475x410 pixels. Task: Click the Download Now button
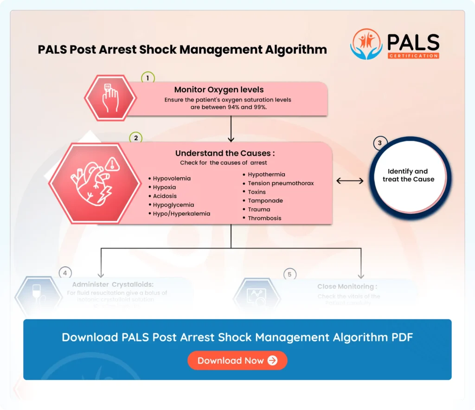coord(237,360)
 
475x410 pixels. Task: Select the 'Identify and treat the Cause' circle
coord(408,175)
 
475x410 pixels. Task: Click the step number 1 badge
coord(148,78)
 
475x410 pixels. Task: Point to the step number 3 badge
coord(380,143)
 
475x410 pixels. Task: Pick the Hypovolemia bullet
coord(172,178)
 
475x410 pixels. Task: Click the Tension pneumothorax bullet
coord(281,183)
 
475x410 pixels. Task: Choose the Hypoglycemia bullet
coord(173,205)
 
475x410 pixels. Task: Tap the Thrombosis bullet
coord(264,218)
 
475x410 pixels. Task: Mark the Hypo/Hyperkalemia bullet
coord(181,213)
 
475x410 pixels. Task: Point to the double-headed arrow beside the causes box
coord(350,180)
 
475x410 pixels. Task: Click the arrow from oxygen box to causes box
coord(231,128)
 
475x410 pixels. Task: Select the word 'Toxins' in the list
coord(257,192)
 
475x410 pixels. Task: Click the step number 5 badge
coord(289,275)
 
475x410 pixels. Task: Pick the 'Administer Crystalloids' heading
coord(113,284)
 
